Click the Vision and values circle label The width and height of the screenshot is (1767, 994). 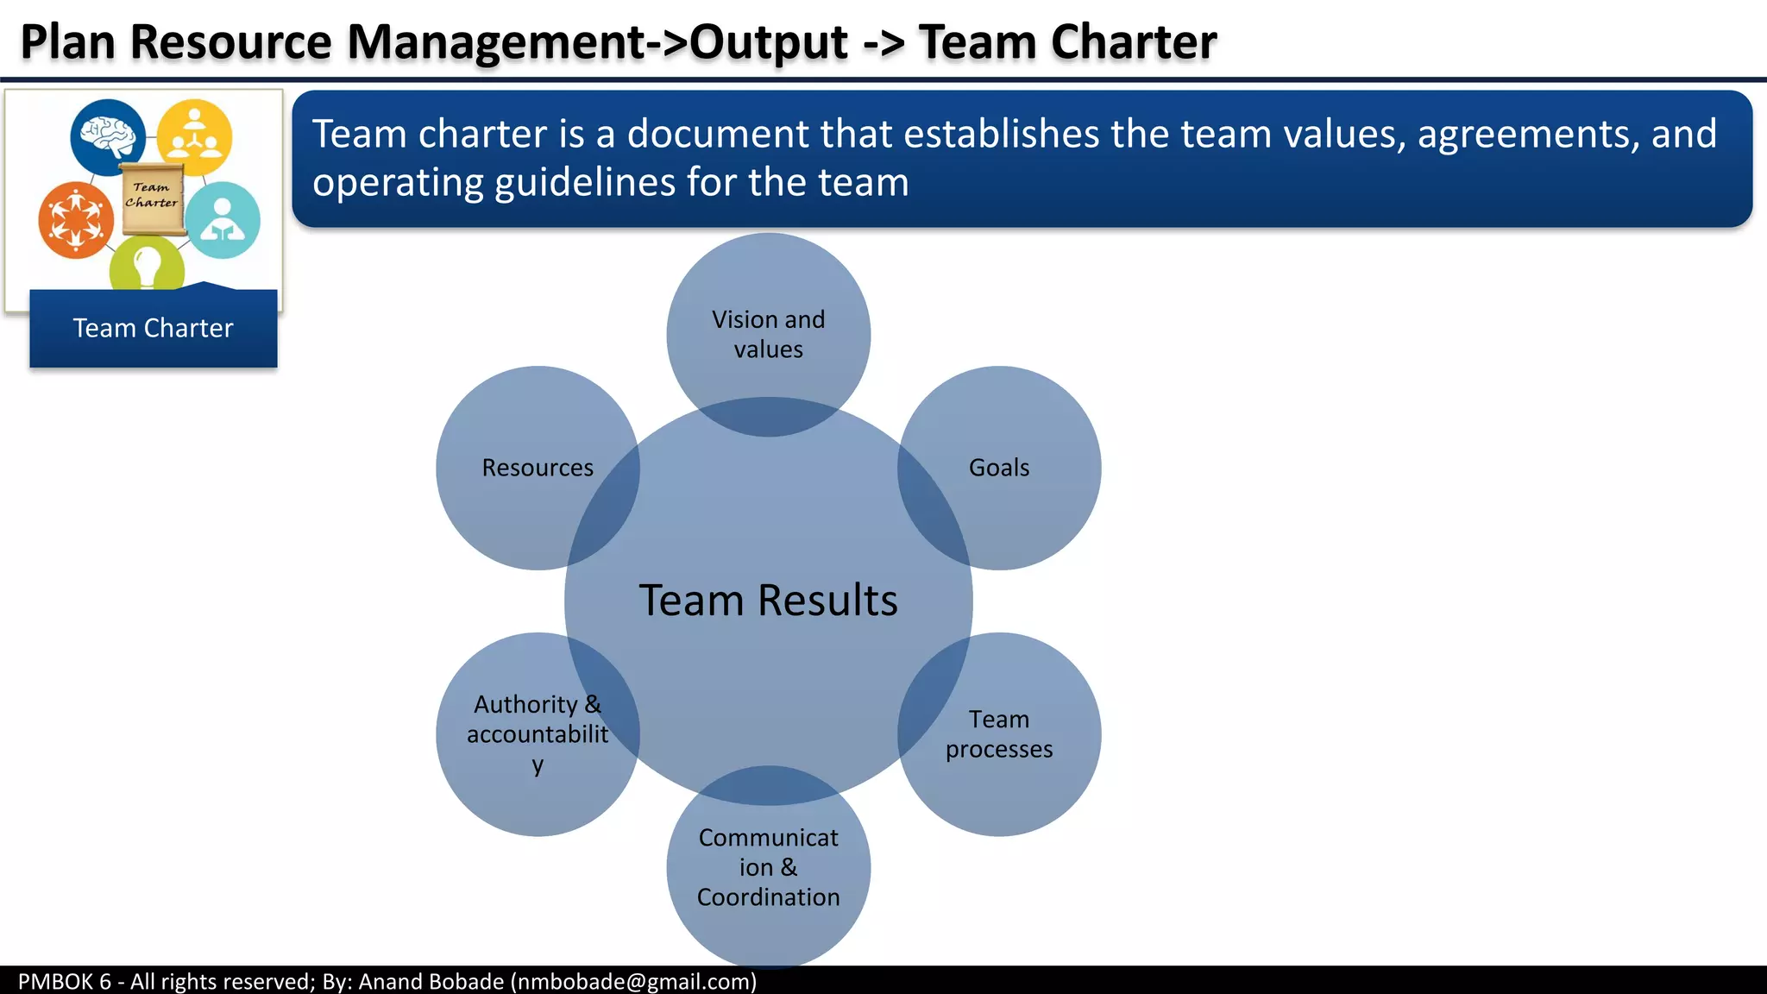click(x=768, y=334)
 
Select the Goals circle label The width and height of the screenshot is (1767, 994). click(x=998, y=468)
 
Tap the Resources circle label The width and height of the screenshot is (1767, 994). click(x=538, y=468)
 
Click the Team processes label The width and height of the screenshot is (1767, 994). click(x=998, y=734)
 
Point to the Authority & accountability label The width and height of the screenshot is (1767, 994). click(x=538, y=733)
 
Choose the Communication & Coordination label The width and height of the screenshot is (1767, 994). click(x=768, y=867)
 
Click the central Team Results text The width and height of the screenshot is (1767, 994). click(x=768, y=600)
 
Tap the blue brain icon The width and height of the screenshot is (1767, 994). click(x=108, y=136)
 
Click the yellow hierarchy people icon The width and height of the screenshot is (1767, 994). click(x=194, y=136)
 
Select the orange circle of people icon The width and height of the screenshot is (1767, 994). click(x=76, y=219)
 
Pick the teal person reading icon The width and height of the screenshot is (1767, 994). click(x=223, y=220)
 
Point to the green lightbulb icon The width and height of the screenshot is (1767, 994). click(x=147, y=265)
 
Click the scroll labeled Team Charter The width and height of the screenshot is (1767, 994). click(x=152, y=198)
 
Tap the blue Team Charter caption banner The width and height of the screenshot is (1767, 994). click(x=153, y=329)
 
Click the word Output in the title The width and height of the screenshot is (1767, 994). click(x=768, y=41)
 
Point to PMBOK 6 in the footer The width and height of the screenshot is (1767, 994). click(x=64, y=981)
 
